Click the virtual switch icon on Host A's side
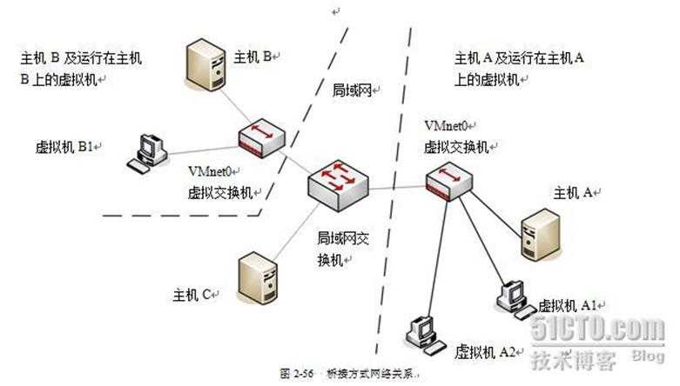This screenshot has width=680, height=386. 449,180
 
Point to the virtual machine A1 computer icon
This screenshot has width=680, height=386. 511,296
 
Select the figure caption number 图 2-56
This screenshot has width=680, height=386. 297,373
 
